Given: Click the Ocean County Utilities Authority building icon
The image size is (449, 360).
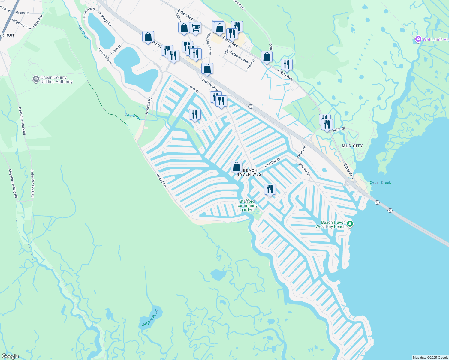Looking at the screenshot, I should click(36, 79).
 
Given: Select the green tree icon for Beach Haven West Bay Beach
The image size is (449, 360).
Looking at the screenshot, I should click(350, 224).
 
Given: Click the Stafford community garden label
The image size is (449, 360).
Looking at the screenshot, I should click(247, 205).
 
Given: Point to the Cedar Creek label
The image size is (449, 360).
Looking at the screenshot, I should click(380, 182).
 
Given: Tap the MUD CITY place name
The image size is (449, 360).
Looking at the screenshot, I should click(352, 146).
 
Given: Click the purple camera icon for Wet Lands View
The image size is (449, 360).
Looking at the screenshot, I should click(418, 39).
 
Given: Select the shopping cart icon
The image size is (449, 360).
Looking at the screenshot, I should click(196, 28).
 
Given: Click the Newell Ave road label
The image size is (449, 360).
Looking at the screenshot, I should click(161, 181).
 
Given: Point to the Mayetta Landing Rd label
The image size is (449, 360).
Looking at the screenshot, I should click(13, 183).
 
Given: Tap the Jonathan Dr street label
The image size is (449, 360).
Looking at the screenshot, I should click(272, 163).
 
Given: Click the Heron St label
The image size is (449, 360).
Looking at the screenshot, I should click(339, 129).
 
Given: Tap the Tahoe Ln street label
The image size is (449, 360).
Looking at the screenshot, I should click(116, 49).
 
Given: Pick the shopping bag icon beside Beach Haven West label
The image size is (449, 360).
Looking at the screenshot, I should click(236, 166).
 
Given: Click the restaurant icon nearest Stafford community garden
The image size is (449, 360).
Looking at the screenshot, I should click(270, 189).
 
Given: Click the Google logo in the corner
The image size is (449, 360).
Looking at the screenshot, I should click(10, 356).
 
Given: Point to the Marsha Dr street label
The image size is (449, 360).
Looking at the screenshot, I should click(301, 153).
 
